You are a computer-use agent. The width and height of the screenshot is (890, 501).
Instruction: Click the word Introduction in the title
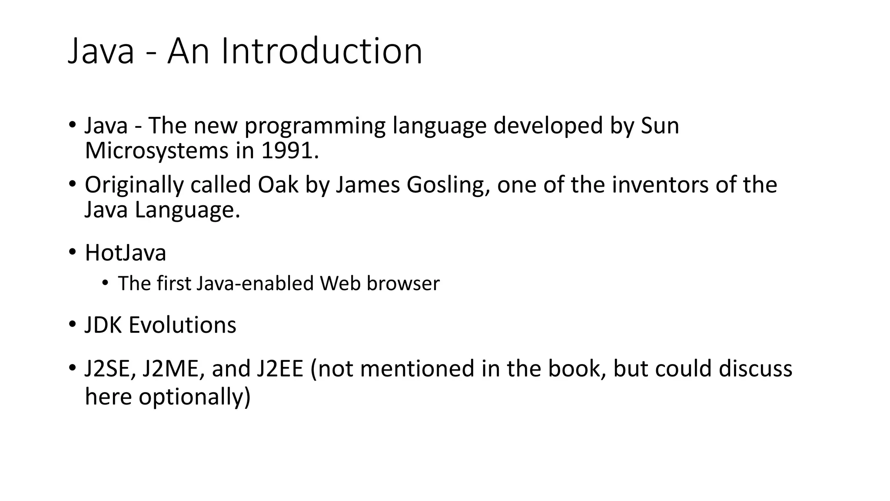point(322,51)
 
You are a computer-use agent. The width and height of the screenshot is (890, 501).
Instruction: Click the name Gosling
point(447,184)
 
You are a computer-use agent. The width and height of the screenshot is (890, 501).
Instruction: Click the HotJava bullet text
point(125,253)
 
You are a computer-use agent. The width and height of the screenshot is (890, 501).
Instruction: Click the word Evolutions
point(182,325)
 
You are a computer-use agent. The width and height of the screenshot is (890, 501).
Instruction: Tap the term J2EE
point(279,368)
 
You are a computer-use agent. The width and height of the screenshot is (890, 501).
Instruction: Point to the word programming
point(315,126)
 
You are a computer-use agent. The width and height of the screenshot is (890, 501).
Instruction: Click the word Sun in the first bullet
point(660,126)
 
